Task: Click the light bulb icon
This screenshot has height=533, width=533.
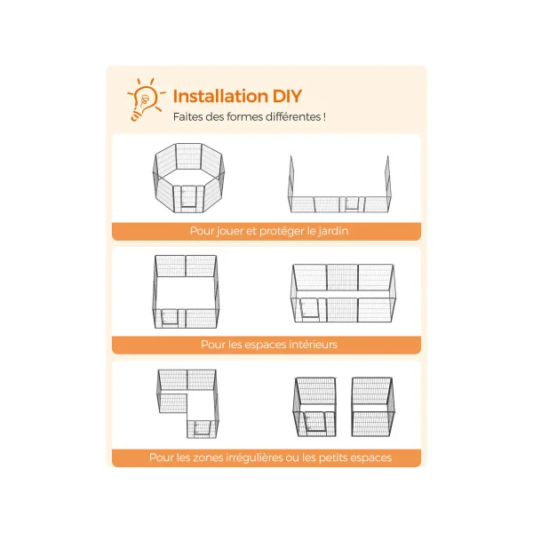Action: point(147,99)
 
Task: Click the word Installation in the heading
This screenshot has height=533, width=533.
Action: point(220,96)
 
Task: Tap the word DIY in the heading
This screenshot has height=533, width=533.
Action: point(287,96)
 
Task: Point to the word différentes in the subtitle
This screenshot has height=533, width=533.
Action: point(293,116)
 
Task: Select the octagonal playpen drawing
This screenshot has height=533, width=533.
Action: point(188,178)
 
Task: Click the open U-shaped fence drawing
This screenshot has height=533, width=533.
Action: point(339,185)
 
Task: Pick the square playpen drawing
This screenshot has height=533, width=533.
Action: point(186,291)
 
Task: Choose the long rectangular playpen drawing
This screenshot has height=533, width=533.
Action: point(343,293)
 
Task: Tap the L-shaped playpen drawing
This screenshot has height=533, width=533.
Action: point(187,404)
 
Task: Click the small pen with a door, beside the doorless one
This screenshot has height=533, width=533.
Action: point(314,407)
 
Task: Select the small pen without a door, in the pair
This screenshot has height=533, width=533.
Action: point(373,407)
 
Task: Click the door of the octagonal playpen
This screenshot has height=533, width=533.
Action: point(188,197)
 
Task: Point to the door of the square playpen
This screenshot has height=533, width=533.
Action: point(170,317)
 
